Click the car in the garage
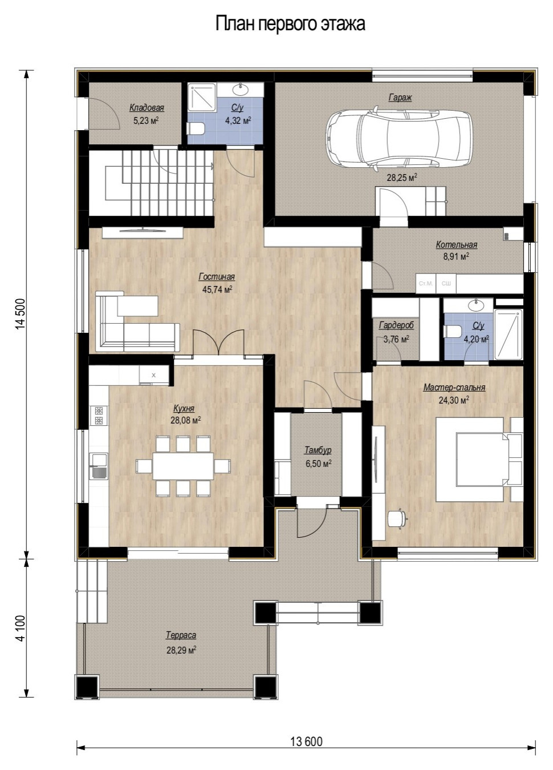pos(398,140)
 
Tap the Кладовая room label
pos(147,108)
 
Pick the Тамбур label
pos(318,450)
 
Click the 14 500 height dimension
pos(21,313)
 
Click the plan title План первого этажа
pos(290,24)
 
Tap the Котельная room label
pos(456,244)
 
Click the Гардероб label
pos(396,325)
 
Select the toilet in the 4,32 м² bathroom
pos(196,128)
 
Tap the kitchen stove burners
pos(99,415)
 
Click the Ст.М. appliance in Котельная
pos(426,284)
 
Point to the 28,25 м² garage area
pos(402,178)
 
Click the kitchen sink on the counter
pos(99,466)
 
